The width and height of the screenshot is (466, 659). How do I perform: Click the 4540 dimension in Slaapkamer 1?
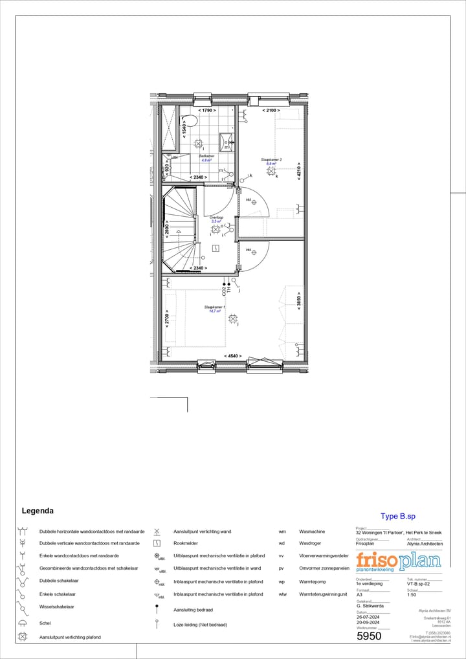coord(234,355)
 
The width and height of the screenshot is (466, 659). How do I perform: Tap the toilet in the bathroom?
coord(190,122)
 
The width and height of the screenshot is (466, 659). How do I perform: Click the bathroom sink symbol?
coord(227,140)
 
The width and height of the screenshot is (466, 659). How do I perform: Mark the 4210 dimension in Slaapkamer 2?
coord(299,172)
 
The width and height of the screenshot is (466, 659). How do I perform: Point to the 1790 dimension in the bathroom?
coord(207,111)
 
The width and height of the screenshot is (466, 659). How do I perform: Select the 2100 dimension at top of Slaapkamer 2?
coord(271,111)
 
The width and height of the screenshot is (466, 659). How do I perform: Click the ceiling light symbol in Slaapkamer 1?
coord(233,318)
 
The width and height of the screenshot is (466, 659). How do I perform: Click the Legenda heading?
coord(38,511)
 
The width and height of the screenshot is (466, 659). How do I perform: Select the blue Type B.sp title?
coord(398,517)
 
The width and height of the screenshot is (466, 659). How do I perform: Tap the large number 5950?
coord(369,636)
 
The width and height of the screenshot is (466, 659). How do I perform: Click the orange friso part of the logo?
coord(377,561)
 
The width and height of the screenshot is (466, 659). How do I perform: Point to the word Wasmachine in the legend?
coord(312,531)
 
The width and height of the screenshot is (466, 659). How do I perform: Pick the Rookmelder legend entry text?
coord(186,543)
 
